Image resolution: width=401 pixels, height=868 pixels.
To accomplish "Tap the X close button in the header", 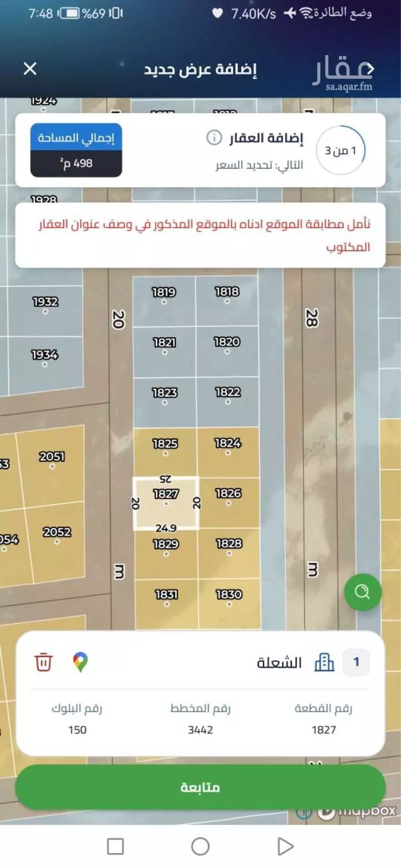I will [x=30, y=69].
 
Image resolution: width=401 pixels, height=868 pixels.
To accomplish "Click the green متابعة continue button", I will [x=200, y=787].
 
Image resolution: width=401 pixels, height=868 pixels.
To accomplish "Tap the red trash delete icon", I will [x=43, y=662].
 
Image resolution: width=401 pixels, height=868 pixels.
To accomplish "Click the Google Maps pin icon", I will [x=80, y=662].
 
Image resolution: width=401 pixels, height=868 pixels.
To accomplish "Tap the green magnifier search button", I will [x=362, y=592].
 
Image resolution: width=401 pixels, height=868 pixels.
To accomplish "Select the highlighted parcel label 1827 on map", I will [x=165, y=494].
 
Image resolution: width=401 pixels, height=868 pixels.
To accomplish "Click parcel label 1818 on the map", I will [x=227, y=292].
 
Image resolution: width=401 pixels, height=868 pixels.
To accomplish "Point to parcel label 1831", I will [x=166, y=595].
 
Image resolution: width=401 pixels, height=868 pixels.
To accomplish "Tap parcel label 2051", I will [x=52, y=457].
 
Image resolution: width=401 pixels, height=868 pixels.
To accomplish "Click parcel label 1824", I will [x=228, y=443].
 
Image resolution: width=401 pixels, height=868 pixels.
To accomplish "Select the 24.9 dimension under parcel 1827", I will [x=165, y=528].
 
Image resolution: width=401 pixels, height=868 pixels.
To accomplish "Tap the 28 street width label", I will [x=311, y=318].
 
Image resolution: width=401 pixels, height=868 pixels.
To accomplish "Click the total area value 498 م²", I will [x=76, y=163].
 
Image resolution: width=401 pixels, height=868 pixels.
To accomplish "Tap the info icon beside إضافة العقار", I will [x=214, y=137].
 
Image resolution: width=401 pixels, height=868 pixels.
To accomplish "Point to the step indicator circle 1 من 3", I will [x=341, y=150].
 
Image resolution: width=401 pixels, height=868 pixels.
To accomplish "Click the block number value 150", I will [x=77, y=730].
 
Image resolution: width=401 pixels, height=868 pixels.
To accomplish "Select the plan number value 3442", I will [x=200, y=730].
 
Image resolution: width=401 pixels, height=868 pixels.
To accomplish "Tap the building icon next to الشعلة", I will [x=324, y=662].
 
